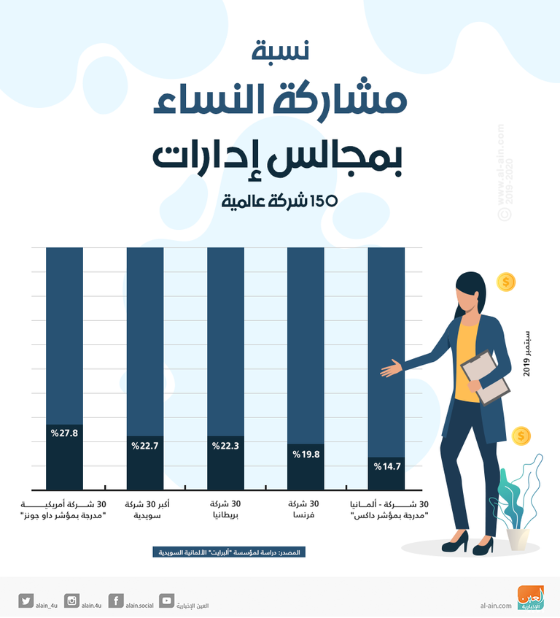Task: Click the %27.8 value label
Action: (64, 433)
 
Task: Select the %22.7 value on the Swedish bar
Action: (144, 444)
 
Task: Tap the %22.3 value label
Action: (225, 445)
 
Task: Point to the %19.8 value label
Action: (306, 454)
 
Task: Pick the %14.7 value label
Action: (386, 466)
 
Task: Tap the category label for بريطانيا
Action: (225, 509)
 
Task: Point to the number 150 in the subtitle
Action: (324, 201)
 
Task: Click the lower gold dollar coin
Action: (521, 436)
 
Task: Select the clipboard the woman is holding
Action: (484, 376)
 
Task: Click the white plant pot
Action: (518, 538)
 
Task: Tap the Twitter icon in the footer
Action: (27, 601)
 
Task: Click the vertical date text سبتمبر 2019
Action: (527, 352)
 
